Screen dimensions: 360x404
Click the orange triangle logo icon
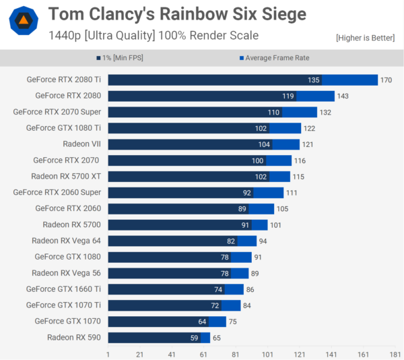(x=24, y=22)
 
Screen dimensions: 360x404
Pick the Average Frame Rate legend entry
(x=274, y=58)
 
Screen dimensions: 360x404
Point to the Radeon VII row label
(x=81, y=144)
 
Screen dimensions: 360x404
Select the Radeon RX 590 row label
(x=74, y=337)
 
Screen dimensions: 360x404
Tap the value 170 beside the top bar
(x=386, y=80)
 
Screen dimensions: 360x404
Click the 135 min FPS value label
(x=314, y=80)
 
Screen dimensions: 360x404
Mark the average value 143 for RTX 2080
(x=343, y=96)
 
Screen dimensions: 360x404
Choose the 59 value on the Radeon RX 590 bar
(x=193, y=337)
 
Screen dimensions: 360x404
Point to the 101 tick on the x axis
(x=267, y=353)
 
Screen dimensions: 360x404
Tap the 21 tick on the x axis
(x=140, y=353)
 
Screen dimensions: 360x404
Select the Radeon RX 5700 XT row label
(x=65, y=176)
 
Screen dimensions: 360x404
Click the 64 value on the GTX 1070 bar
(x=201, y=321)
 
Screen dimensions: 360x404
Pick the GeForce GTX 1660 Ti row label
(x=63, y=289)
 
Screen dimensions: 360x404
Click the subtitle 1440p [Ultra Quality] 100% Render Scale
(x=154, y=35)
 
